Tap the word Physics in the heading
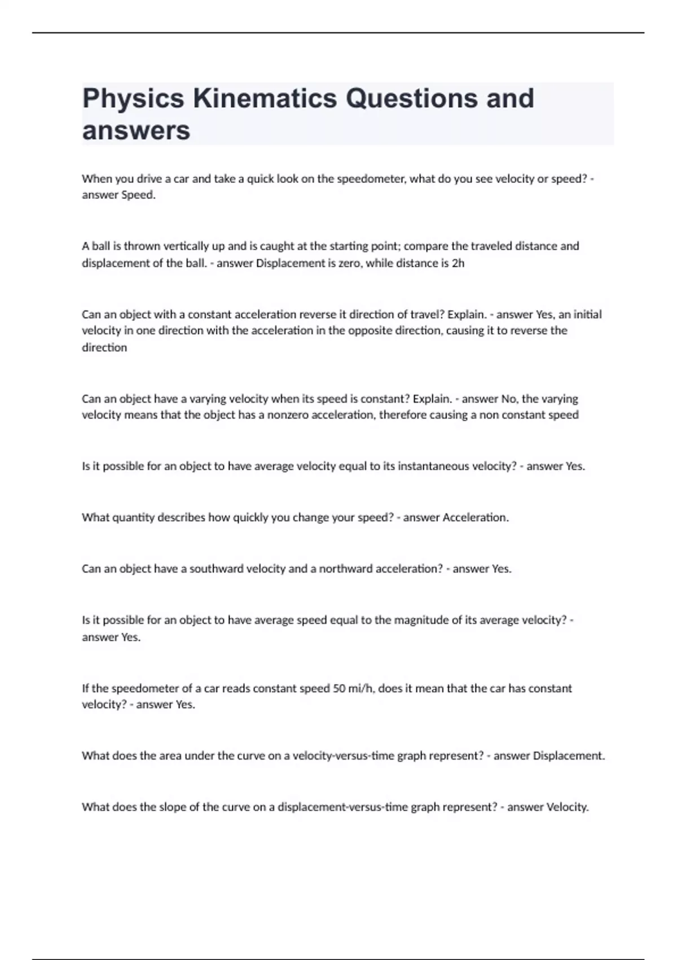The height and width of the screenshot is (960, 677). [133, 98]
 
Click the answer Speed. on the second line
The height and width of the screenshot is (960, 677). [138, 195]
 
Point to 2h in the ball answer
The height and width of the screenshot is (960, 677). [458, 263]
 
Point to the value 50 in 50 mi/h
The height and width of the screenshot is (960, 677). [339, 688]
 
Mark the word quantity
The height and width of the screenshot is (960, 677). [132, 518]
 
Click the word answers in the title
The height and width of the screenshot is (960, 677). [136, 131]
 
